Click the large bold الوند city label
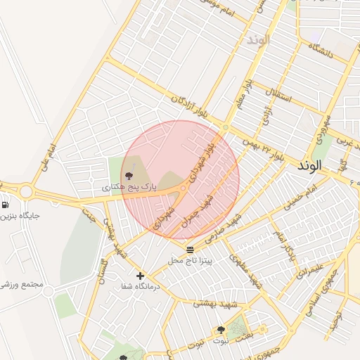coord(309,167)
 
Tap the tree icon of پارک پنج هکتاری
coord(128,176)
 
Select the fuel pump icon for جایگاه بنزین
coord(5,205)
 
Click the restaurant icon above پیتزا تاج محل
coord(189,250)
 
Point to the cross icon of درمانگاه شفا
coord(140,276)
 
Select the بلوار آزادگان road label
coord(191,107)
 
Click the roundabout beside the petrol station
coord(26,191)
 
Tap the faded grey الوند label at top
coord(258,40)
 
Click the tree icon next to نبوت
coord(221,330)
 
